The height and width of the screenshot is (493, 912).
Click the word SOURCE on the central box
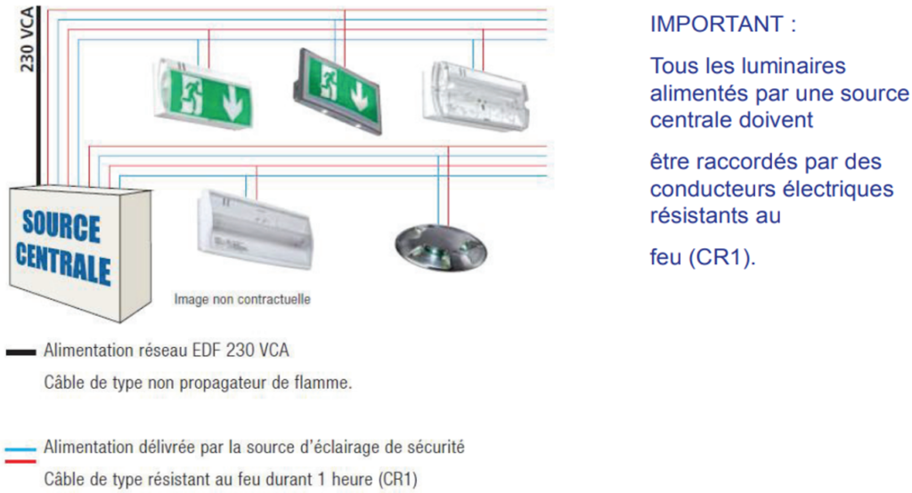pyautogui.click(x=61, y=225)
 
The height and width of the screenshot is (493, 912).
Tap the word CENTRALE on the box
pyautogui.click(x=63, y=263)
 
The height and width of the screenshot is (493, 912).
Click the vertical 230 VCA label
pyautogui.click(x=27, y=39)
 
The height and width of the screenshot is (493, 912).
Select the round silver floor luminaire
pyautogui.click(x=441, y=247)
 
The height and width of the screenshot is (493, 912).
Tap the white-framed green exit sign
pyautogui.click(x=203, y=93)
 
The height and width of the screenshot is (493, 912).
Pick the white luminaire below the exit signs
pyautogui.click(x=255, y=230)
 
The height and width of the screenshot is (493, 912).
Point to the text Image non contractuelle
pyautogui.click(x=242, y=299)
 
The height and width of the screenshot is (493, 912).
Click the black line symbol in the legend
pyautogui.click(x=21, y=352)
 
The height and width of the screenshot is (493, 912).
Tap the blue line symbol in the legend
pyautogui.click(x=21, y=449)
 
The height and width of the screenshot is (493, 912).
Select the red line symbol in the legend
pyautogui.click(x=21, y=461)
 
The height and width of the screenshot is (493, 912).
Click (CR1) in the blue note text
pyautogui.click(x=721, y=257)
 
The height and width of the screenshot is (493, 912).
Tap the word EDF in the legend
pyautogui.click(x=207, y=350)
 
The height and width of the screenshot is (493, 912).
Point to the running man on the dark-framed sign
pyautogui.click(x=328, y=81)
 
